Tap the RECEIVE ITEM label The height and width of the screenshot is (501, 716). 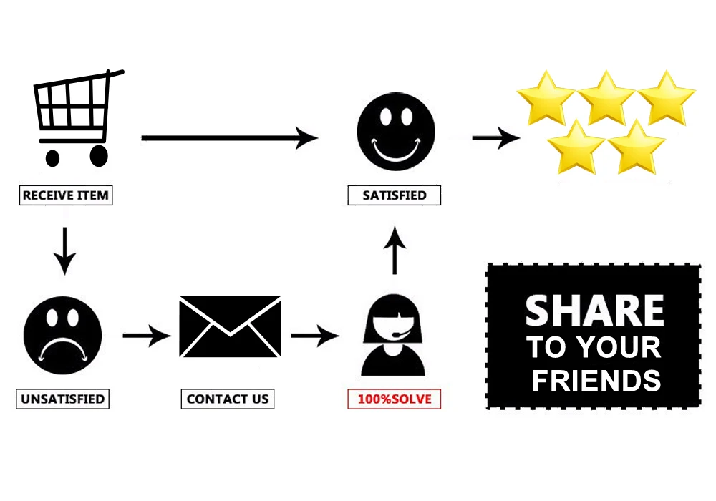point(66,195)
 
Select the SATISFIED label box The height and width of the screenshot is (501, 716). point(394,195)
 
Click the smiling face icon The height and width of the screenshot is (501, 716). point(396,132)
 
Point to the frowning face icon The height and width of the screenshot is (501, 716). point(62,336)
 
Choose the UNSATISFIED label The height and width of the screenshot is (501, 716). point(62,399)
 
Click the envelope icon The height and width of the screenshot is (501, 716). point(230,326)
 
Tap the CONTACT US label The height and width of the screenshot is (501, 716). point(228,399)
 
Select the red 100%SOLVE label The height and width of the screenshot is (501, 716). point(394,399)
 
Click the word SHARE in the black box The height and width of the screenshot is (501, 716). point(594,311)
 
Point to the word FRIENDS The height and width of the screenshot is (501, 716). point(596,381)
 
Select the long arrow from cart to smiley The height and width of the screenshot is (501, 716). point(230,138)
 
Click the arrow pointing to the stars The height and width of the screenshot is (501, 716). point(496,138)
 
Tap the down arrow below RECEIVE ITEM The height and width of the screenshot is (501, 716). point(65,251)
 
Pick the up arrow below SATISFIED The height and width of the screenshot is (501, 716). point(395,250)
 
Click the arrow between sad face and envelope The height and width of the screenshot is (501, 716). point(147,336)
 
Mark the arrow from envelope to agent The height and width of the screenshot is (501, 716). point(316,336)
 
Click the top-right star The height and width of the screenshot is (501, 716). point(667,98)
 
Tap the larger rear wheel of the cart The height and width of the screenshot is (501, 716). point(99,156)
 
